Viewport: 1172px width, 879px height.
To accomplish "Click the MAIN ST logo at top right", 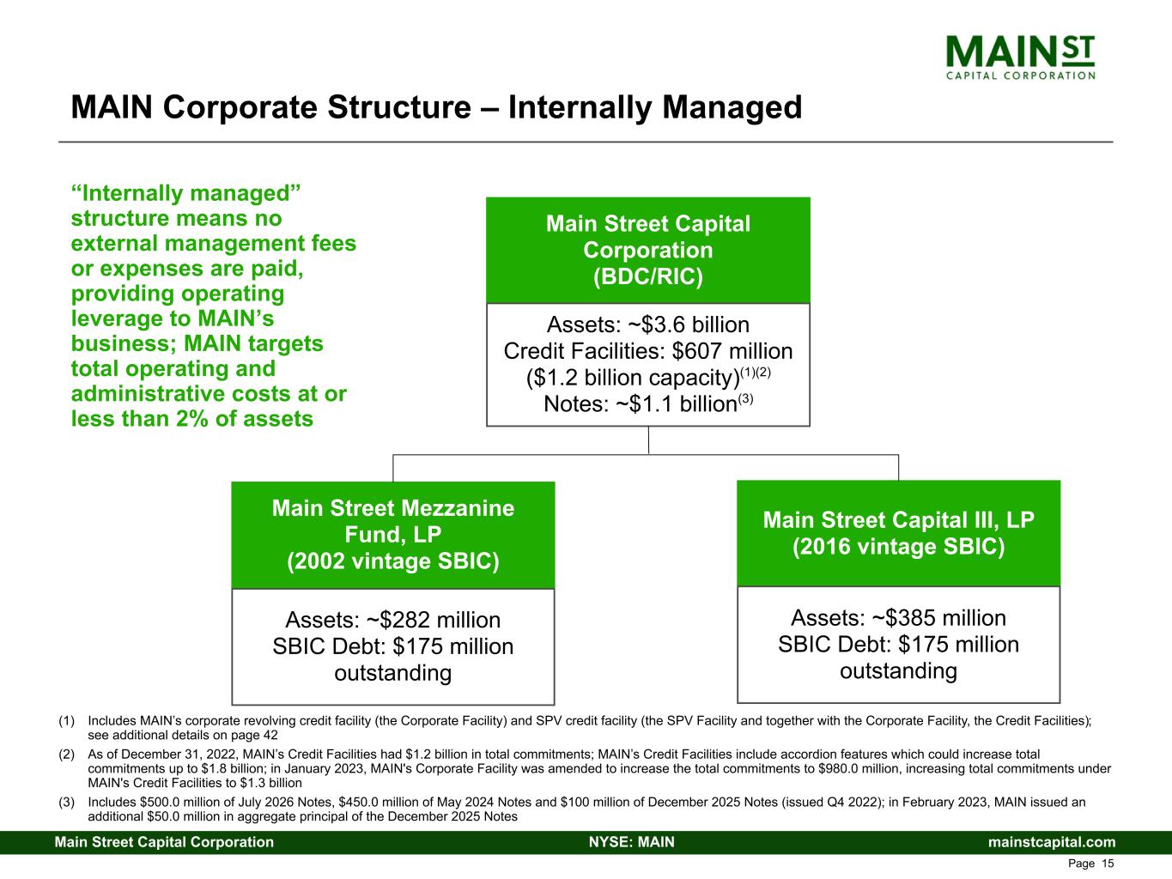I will (x=1020, y=57).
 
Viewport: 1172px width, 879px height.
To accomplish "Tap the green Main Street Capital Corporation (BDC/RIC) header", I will (x=647, y=250).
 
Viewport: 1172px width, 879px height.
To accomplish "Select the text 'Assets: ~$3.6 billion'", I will (x=647, y=324).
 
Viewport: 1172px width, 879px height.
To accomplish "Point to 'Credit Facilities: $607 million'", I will (x=647, y=351).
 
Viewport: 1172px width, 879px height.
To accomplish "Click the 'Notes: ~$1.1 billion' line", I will (x=647, y=404).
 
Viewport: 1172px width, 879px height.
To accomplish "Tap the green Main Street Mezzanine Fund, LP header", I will (x=392, y=535).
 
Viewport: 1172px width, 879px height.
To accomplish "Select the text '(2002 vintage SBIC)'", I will (x=392, y=561).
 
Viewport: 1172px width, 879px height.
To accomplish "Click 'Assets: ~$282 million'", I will (x=392, y=620).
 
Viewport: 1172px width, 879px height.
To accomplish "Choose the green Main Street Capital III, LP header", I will (x=898, y=533).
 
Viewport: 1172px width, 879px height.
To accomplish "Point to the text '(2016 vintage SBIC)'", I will (x=898, y=547).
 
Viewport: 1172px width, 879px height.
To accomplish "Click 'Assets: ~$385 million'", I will (x=898, y=618).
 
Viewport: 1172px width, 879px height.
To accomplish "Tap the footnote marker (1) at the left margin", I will (x=66, y=722).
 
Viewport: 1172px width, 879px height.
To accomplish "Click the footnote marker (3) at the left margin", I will (x=66, y=803).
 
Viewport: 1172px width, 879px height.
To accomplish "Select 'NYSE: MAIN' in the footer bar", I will (x=631, y=842).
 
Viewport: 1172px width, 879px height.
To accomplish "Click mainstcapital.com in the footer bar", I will (x=1052, y=842).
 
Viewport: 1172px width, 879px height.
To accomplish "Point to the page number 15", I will (x=1107, y=864).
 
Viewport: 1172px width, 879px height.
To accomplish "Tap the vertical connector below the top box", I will (x=648, y=439).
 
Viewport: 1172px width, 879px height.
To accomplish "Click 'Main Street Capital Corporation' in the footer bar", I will (x=164, y=842).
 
